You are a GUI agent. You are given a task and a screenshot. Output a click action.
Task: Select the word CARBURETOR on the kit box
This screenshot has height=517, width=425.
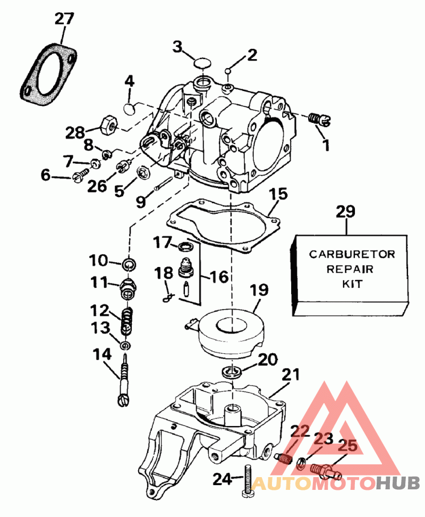point(352,254)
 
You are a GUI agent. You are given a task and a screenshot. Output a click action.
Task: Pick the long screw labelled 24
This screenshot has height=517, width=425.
point(248,481)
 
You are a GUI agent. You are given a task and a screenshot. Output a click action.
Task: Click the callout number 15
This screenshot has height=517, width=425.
point(277,196)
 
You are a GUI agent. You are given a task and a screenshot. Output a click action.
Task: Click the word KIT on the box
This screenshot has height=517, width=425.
point(351,283)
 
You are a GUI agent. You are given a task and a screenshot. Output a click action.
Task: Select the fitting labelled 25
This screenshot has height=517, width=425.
point(321,470)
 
